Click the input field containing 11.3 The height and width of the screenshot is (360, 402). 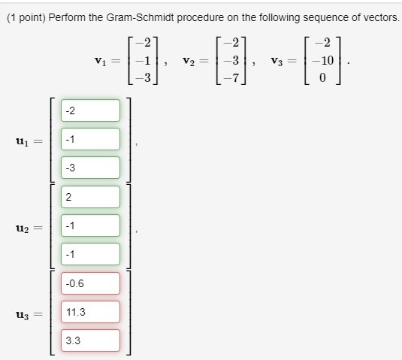pos(89,312)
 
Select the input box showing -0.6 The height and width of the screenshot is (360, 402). pos(89,283)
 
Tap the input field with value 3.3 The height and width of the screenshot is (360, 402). pos(89,340)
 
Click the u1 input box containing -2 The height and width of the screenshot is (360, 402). pos(89,110)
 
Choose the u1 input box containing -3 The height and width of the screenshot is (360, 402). pos(89,168)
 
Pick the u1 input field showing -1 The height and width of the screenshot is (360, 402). pos(89,139)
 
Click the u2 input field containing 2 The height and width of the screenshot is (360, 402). pos(89,197)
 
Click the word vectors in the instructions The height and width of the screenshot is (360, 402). pos(379,17)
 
